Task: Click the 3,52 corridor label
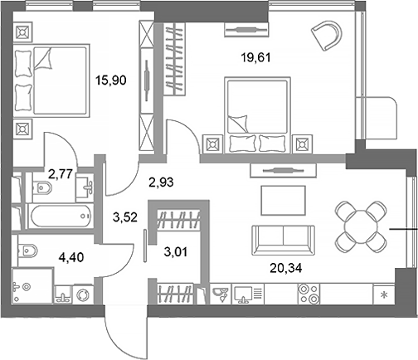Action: [124, 220]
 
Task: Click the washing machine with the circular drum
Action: [83, 294]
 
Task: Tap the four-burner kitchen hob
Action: [308, 293]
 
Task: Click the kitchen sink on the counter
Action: [222, 293]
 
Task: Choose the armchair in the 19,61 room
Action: [327, 37]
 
